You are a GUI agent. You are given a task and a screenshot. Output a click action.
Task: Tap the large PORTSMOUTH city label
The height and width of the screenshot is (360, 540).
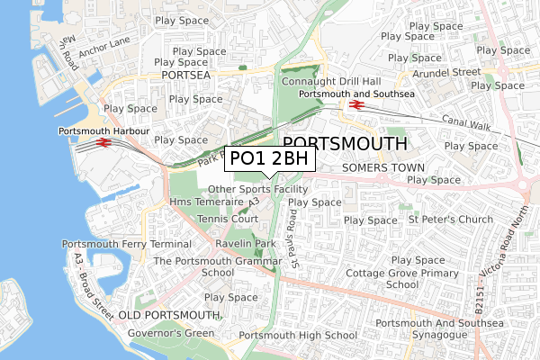[345, 144]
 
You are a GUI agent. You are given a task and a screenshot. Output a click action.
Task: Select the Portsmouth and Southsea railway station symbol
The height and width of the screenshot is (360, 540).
[356, 105]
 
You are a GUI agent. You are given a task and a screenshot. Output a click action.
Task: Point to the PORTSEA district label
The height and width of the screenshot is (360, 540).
[187, 76]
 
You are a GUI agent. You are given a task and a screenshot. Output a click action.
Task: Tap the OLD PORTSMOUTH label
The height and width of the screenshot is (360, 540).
[170, 315]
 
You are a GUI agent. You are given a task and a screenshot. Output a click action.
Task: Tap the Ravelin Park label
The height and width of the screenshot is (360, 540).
[245, 244]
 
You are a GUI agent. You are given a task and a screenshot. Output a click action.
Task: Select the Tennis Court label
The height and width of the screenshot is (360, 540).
[227, 219]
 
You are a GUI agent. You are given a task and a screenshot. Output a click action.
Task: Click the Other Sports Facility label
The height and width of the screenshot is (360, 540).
[257, 189]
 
